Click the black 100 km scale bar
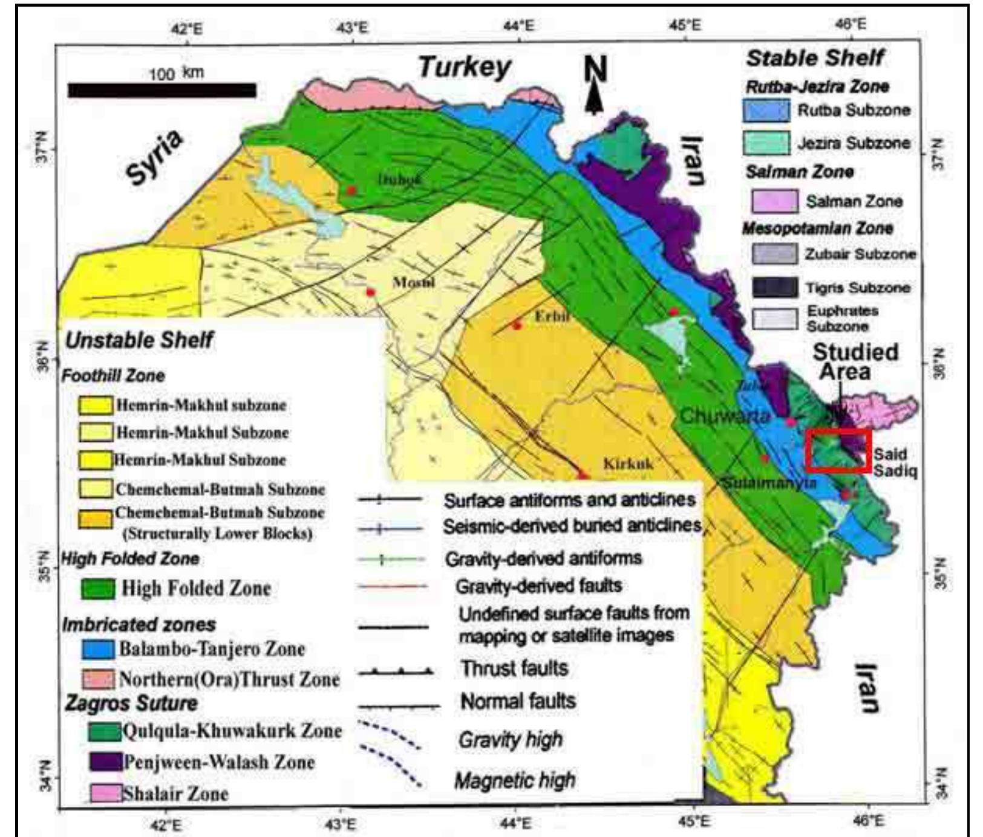tap(162, 91)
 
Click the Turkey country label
tap(465, 67)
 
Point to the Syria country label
tap(155, 157)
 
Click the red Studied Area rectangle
tap(838, 450)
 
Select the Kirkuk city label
tap(628, 464)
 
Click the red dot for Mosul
tap(371, 292)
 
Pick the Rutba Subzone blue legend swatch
tap(766, 111)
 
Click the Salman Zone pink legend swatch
tap(774, 201)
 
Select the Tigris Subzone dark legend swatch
tap(774, 288)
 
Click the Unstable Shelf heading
tap(139, 340)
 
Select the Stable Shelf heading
tap(814, 58)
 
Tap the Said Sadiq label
tap(895, 462)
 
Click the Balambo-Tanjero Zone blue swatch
tap(97, 649)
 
